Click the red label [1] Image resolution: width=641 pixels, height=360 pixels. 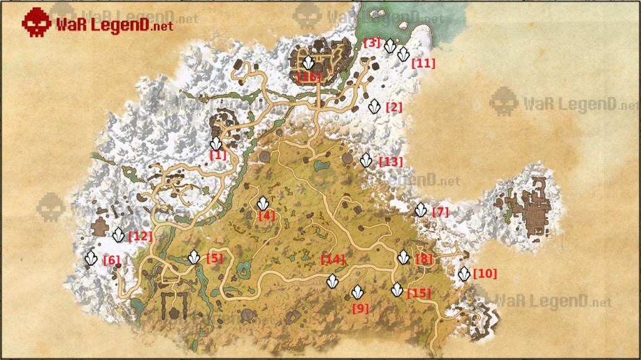(218, 155)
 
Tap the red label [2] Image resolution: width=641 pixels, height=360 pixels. (394, 107)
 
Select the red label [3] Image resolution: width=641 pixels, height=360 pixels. (372, 43)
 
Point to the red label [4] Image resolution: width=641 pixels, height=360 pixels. (266, 215)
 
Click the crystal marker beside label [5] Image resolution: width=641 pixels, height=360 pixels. (195, 257)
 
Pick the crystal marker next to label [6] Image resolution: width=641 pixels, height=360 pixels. (92, 258)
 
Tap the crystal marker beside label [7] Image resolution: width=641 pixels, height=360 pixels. (421, 210)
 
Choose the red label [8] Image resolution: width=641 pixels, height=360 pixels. (424, 259)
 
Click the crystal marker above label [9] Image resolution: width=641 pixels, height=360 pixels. (357, 292)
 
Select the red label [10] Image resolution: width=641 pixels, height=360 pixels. (485, 274)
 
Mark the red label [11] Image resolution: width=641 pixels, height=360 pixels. (423, 63)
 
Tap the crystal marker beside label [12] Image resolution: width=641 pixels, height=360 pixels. (118, 235)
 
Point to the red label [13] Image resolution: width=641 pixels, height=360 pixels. (391, 162)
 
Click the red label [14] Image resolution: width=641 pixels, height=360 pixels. (333, 259)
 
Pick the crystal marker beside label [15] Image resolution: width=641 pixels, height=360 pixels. (397, 290)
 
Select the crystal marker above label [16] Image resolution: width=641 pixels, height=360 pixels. (309, 63)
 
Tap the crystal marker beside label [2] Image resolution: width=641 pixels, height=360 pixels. (374, 106)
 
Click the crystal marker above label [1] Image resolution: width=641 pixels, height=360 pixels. (216, 143)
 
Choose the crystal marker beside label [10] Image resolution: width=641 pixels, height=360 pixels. (464, 274)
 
